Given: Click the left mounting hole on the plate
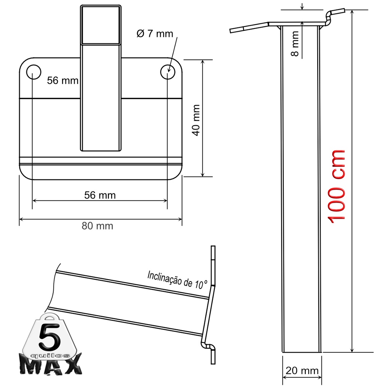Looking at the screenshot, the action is coord(34,72).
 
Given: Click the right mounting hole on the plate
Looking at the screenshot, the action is coord(168,72).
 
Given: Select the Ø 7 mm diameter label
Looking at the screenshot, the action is coord(155,34).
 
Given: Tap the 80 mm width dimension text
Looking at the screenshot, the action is coord(97,226).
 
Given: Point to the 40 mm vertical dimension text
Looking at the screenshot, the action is coord(196,120).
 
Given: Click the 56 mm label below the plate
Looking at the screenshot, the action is coord(100,195).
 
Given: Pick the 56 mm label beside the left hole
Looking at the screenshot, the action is coord(63,80).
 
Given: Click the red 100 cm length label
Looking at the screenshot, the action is coord(337,187).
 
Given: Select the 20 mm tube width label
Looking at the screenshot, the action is coord(302,371).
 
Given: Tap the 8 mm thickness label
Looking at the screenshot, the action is coord(295,43).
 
